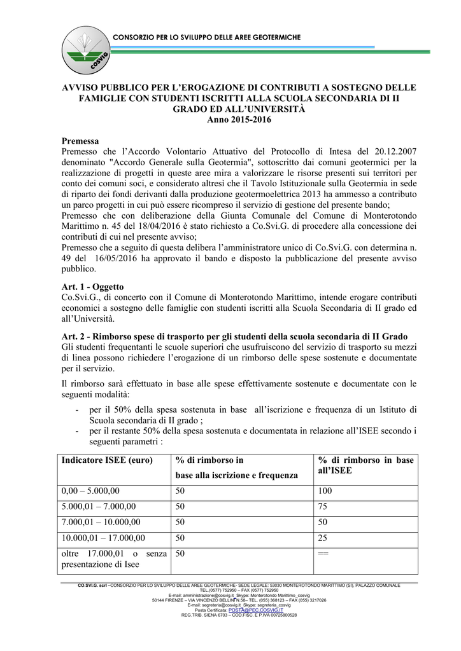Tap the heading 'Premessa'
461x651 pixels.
pos(80,140)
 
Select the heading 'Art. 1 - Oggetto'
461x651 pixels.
pos(92,287)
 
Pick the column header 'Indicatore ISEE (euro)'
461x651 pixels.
pos(108,460)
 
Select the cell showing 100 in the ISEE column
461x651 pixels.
pos(325,491)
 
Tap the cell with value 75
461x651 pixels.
pos(323,507)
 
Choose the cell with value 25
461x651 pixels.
pos(323,538)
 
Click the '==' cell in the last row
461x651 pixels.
pos(323,554)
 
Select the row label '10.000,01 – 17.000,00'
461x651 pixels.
pos(103,538)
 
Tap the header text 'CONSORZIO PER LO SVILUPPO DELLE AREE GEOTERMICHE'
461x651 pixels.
pos(206,38)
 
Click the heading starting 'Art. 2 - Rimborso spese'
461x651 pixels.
pos(235,336)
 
